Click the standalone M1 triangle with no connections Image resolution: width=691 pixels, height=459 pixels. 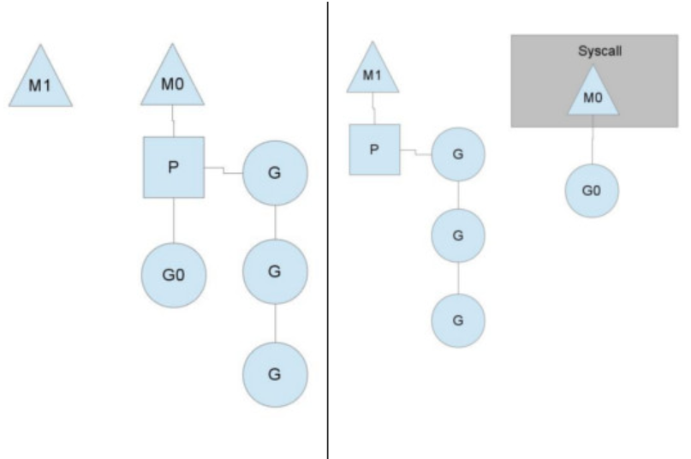coord(40,84)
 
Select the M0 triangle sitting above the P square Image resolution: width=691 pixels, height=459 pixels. coord(172,84)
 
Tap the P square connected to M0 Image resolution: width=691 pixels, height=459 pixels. coord(173,166)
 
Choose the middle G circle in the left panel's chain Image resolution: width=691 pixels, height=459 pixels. coord(274,271)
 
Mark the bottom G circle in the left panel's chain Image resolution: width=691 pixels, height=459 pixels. coord(274,374)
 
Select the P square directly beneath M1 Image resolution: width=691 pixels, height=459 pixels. coord(374,149)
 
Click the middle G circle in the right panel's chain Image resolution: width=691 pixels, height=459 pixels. coord(458,235)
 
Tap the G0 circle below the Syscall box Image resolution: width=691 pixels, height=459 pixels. coord(591,190)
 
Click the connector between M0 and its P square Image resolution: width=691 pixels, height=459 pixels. coord(173,121)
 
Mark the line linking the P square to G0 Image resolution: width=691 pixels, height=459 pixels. coord(173,220)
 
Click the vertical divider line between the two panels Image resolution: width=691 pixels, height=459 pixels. coord(327,229)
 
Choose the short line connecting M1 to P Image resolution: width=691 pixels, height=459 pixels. coord(372,108)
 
